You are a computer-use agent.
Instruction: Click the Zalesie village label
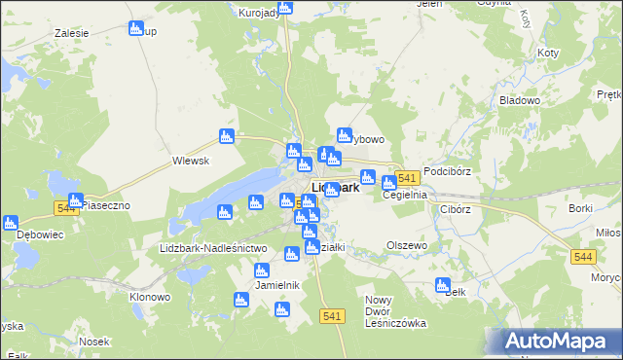click(x=72, y=32)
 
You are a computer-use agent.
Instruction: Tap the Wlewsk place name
click(x=191, y=161)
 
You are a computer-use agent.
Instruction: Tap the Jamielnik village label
click(x=276, y=285)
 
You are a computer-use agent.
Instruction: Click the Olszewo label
click(x=407, y=245)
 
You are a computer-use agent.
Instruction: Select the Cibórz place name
click(x=455, y=209)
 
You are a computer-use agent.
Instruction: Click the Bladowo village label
click(x=519, y=100)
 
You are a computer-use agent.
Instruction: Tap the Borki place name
click(x=581, y=209)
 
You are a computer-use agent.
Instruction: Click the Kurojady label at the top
click(x=259, y=13)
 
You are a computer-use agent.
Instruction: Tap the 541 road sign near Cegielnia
click(x=408, y=177)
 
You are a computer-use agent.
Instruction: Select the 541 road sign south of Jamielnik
click(x=331, y=315)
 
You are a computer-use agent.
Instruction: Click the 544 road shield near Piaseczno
click(x=66, y=208)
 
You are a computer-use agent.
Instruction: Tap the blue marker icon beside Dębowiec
click(x=11, y=223)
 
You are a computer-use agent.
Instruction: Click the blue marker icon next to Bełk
click(x=443, y=286)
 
